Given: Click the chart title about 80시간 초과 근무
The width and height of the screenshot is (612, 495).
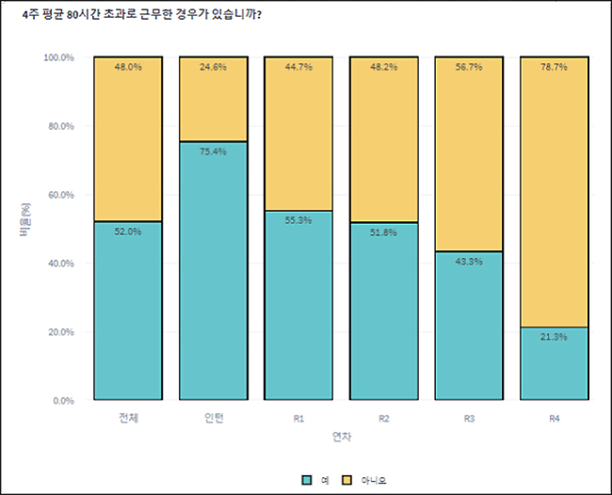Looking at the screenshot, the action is (141, 15).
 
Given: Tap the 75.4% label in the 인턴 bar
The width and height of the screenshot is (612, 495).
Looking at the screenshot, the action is (213, 152).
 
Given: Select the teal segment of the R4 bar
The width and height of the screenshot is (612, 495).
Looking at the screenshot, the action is (555, 363).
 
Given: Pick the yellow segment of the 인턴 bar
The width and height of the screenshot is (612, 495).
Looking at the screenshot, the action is (213, 99).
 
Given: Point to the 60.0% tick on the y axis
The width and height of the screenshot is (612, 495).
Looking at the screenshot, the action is (61, 195).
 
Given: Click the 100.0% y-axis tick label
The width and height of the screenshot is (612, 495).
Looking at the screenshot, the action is (58, 57).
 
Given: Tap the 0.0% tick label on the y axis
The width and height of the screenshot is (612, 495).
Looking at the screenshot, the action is (63, 401).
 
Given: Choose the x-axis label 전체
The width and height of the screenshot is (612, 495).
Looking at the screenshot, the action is (128, 418).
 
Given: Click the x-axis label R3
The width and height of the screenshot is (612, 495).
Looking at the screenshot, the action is (469, 419).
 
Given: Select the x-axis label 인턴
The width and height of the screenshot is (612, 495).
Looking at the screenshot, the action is (214, 418).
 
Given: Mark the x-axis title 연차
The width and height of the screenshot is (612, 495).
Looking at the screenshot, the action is (342, 437).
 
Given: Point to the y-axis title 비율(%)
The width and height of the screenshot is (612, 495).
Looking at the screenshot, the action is (25, 219).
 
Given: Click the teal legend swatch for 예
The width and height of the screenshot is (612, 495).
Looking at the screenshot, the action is (307, 480).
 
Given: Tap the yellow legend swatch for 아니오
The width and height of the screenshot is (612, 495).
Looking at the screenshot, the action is (346, 480).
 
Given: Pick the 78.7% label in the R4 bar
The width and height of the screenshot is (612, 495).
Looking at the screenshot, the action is (555, 67).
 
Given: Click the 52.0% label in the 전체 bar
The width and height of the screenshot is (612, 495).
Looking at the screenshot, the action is (128, 232).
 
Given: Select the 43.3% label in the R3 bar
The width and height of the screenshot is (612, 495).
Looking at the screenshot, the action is (469, 262).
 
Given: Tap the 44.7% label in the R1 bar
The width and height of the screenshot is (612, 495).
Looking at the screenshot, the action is (298, 67).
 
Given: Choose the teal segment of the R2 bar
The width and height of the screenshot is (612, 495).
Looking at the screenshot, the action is (384, 311).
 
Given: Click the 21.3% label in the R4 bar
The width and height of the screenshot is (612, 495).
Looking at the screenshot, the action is (555, 337).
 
